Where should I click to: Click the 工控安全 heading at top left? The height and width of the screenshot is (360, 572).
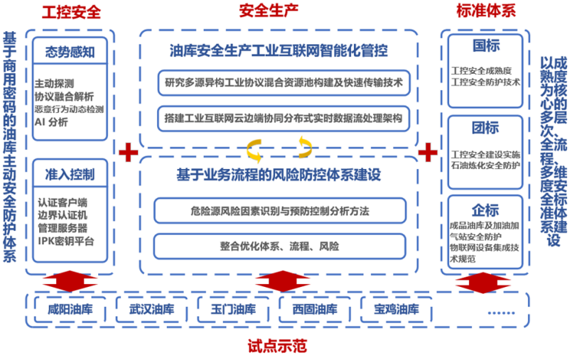[71, 12]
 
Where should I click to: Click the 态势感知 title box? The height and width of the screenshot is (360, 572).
[70, 52]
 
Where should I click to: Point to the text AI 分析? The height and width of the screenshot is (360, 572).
[51, 121]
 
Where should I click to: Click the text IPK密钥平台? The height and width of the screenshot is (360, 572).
[66, 240]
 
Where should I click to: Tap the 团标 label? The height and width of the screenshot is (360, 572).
[485, 129]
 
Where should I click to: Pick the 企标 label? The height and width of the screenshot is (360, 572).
[485, 209]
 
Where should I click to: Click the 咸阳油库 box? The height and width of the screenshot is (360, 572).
[69, 310]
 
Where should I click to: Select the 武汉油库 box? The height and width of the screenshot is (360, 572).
[151, 310]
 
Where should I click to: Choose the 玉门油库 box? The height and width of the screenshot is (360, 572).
[232, 310]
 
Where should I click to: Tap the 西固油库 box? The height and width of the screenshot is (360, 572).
[314, 310]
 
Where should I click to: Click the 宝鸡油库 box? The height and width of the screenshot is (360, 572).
[396, 310]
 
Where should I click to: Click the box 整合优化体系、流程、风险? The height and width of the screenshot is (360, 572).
[279, 246]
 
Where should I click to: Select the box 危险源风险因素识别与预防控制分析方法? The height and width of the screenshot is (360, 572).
[279, 210]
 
